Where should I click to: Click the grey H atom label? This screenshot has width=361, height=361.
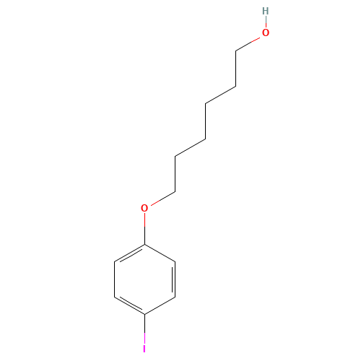click(266, 11)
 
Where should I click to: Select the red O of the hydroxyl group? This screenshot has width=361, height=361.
click(266, 32)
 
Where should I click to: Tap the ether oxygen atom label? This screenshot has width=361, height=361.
click(144, 208)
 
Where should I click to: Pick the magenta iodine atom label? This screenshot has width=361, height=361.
click(144, 349)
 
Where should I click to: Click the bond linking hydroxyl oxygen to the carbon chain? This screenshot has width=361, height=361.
click(248, 44)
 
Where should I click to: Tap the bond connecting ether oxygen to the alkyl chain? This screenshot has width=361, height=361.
click(162, 199)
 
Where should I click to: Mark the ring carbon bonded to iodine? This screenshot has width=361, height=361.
click(144, 314)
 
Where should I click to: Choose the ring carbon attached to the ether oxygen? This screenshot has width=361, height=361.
click(144, 244)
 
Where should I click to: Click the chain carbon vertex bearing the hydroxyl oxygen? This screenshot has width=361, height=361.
click(235, 51)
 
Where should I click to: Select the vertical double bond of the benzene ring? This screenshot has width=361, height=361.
click(174, 279)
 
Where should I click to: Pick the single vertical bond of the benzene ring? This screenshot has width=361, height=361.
click(114, 279)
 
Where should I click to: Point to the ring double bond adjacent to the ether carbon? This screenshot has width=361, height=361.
click(130, 253)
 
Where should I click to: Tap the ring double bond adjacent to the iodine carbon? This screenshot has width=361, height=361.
click(130, 305)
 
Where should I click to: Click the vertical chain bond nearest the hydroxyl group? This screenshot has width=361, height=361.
click(235, 69)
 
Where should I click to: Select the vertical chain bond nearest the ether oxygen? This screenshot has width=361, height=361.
click(175, 175)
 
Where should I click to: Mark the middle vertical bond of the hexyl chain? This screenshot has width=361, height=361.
click(205, 121)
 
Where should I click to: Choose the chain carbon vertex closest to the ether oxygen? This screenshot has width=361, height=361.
click(175, 192)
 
